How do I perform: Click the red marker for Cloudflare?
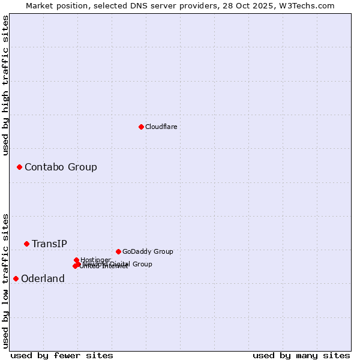pos(141,127)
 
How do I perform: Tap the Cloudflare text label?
pos(161,127)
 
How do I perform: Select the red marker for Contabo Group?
pos(19,167)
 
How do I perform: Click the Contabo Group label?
pos(61,167)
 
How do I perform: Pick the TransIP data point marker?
pos(26,244)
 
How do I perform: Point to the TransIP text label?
pos(49,244)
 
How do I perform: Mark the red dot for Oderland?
pos(16,278)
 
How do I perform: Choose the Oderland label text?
pos(43,279)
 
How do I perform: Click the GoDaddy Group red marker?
pos(118,251)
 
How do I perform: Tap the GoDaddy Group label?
pos(148,252)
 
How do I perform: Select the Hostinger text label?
pos(95,260)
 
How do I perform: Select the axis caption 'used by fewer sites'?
pos(62,355)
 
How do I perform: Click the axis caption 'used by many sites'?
pos(301,355)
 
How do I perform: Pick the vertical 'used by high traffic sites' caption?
pos(6,85)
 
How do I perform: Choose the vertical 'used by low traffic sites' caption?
pos(6,281)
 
